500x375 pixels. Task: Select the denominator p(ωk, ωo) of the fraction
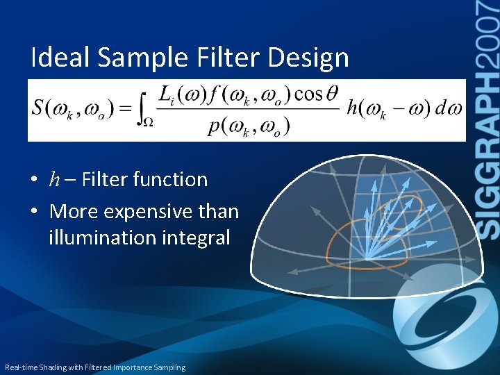(x=248, y=127)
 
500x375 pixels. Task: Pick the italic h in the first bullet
(x=54, y=180)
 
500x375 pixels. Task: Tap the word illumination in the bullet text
(x=101, y=237)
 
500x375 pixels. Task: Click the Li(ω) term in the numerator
(x=183, y=93)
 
